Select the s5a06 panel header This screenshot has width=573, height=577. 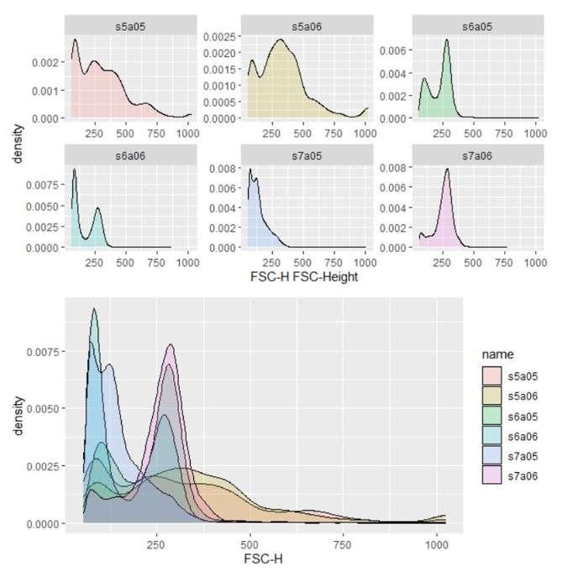click(306, 26)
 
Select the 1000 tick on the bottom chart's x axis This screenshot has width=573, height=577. click(436, 545)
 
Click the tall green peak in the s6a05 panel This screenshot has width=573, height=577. click(447, 41)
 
